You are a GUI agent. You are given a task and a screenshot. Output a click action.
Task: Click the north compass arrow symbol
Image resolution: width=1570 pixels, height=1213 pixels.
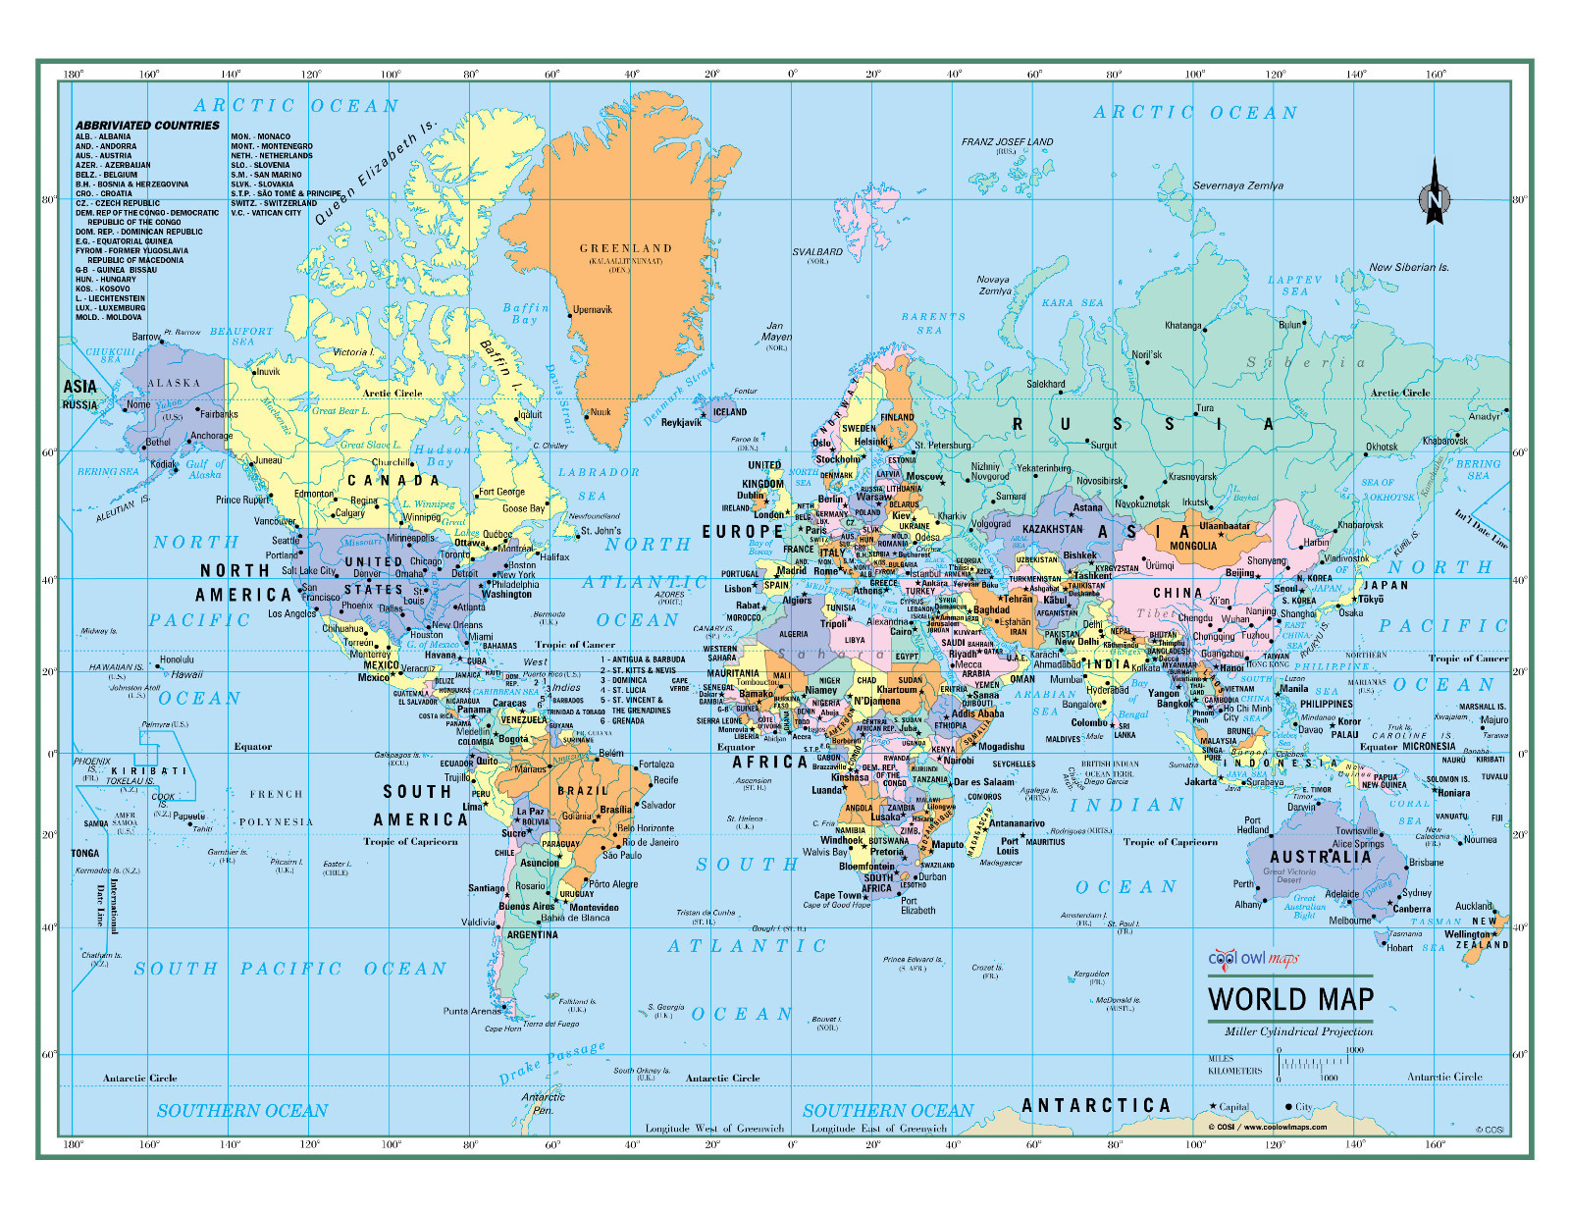click(1434, 194)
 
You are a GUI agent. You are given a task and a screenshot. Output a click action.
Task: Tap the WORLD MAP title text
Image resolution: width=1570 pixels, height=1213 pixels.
click(1290, 999)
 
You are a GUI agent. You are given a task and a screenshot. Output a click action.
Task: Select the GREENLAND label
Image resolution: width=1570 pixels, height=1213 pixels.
click(625, 248)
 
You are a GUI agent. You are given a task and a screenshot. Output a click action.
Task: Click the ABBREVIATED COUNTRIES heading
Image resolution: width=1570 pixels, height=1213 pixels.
click(147, 126)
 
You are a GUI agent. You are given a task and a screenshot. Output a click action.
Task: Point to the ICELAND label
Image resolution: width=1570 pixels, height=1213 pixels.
click(729, 412)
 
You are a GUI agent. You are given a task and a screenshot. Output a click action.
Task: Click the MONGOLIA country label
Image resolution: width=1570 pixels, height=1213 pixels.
click(1193, 546)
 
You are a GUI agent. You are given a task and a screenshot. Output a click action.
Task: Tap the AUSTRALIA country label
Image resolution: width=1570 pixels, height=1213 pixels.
click(1320, 857)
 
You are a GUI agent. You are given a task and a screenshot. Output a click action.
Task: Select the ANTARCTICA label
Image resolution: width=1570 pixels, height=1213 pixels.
click(1096, 1106)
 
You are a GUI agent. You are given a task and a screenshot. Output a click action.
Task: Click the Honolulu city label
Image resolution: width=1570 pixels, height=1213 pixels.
click(177, 659)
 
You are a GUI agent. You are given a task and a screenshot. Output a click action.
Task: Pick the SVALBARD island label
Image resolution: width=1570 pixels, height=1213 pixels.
click(817, 252)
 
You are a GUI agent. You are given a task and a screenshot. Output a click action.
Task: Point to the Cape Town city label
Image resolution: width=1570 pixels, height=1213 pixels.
click(837, 895)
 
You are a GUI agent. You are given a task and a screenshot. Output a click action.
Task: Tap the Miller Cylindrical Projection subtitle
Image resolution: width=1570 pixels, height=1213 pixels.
click(1298, 1031)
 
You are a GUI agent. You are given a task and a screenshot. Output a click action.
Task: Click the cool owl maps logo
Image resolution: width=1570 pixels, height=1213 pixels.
click(1252, 958)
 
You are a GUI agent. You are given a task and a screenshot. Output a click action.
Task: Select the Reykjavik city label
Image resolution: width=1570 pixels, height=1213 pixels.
click(681, 423)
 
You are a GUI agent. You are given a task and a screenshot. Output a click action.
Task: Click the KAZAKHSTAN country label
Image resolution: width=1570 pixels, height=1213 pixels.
click(1052, 529)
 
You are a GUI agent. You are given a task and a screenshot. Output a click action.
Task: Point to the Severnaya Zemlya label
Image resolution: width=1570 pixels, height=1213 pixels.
click(1237, 185)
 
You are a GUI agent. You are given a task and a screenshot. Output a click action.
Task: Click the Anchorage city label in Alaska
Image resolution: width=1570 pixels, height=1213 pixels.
click(211, 436)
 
